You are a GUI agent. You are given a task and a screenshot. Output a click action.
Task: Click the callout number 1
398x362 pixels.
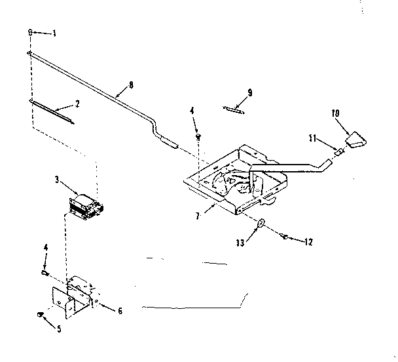pyautogui.click(x=54, y=33)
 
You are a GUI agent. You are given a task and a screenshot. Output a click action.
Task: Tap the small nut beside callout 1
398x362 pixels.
pyautogui.click(x=31, y=32)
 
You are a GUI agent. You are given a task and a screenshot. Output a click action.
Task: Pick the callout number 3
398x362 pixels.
pyautogui.click(x=57, y=178)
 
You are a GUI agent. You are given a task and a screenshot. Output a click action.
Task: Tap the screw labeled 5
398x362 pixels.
pyautogui.click(x=41, y=315)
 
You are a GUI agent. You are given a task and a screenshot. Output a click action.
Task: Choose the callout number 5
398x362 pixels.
pyautogui.click(x=59, y=329)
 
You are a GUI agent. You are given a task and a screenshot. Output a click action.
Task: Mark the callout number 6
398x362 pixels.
pyautogui.click(x=119, y=311)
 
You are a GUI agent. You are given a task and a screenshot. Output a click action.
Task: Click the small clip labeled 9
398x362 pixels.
pyautogui.click(x=233, y=109)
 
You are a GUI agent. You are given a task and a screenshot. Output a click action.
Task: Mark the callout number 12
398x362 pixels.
pyautogui.click(x=308, y=242)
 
